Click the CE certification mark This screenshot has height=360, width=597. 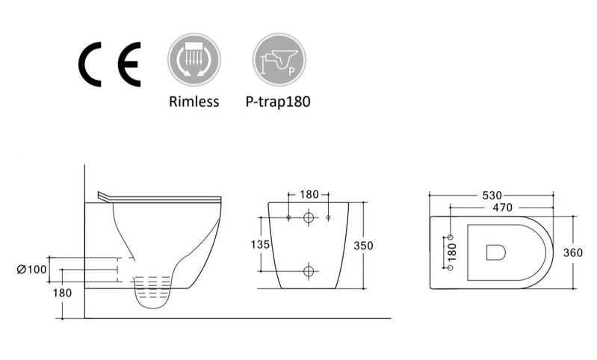click(110, 64)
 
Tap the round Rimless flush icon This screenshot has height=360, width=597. click(194, 60)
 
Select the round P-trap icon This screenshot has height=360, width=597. click(279, 60)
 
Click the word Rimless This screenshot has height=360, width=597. click(194, 102)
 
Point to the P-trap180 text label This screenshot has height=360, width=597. click(278, 102)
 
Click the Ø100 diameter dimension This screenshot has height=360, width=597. click(31, 270)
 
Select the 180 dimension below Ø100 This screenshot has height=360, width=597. click(62, 293)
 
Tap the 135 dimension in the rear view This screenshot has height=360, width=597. click(260, 244)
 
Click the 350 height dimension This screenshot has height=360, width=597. click(363, 246)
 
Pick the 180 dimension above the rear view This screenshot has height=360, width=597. click(309, 194)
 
